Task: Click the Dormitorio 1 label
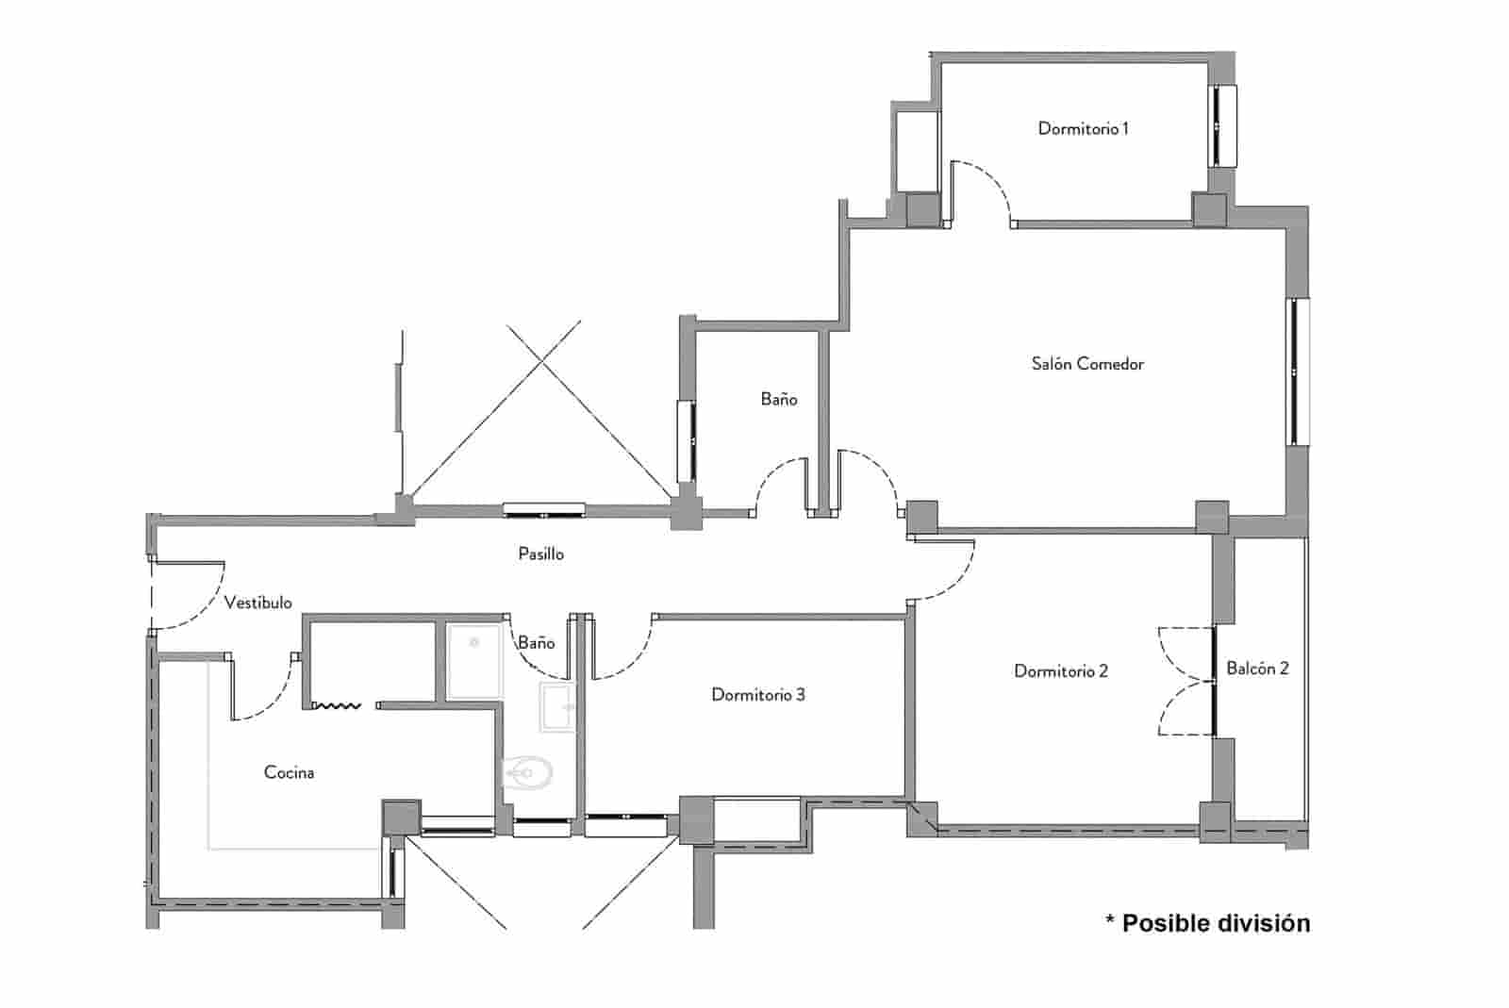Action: tap(1083, 128)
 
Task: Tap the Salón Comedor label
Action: tap(1087, 364)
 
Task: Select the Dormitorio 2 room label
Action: tap(1061, 671)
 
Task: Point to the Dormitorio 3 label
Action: tap(758, 695)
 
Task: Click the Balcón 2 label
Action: tap(1257, 669)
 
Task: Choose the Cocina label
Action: tap(289, 773)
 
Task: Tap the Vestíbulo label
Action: tap(257, 603)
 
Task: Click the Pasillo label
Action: tap(541, 554)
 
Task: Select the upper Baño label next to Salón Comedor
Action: tap(779, 400)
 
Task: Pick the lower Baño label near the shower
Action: tap(536, 643)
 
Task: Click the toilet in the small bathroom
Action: tap(526, 774)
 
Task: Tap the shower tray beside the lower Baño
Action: tap(474, 660)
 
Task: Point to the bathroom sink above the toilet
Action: tap(557, 707)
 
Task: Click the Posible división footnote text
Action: tap(1207, 922)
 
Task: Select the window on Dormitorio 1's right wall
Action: tap(1223, 125)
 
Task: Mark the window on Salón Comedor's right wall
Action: tap(1299, 372)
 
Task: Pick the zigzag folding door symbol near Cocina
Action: tap(337, 704)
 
